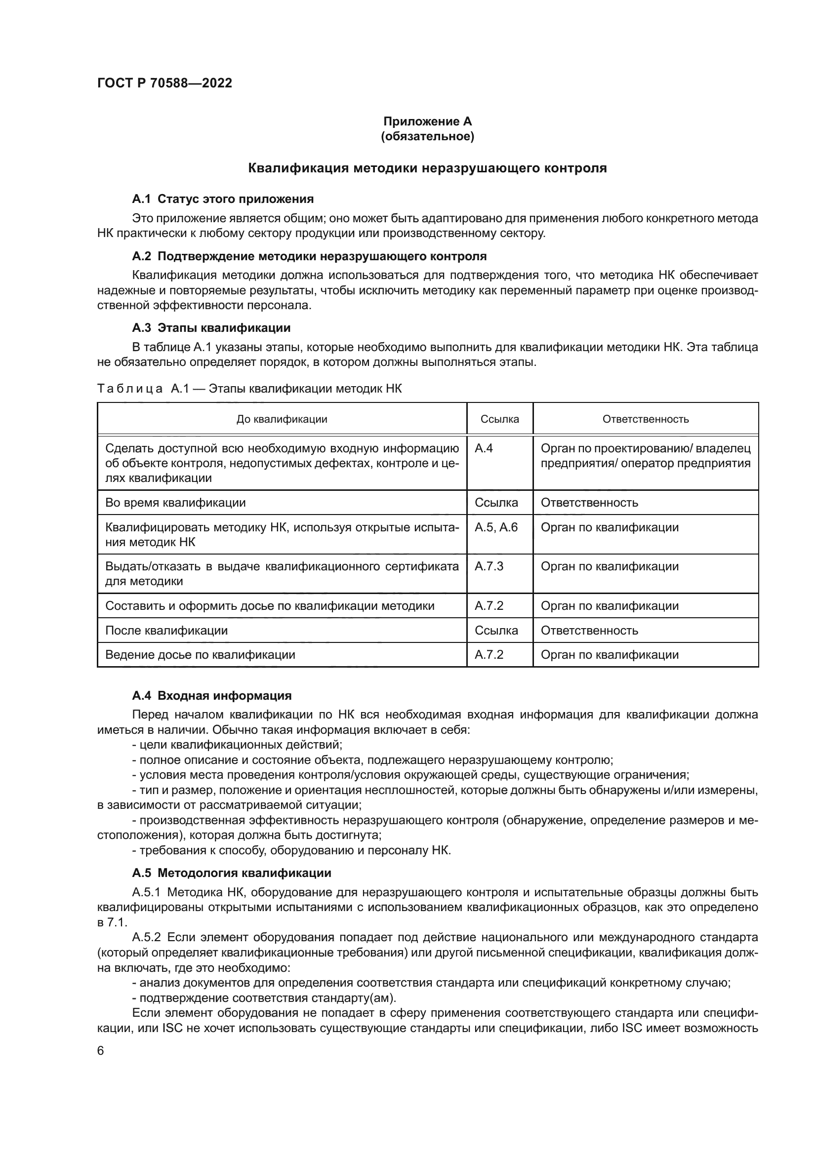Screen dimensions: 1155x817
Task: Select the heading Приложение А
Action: [x=428, y=121]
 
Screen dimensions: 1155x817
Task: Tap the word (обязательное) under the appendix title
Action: [x=428, y=136]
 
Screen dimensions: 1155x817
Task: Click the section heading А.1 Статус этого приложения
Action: [x=223, y=199]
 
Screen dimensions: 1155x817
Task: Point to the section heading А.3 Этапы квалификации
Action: [x=211, y=328]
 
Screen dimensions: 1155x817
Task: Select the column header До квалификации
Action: [x=282, y=419]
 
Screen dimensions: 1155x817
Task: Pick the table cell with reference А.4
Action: [x=484, y=448]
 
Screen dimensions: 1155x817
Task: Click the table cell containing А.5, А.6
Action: [x=496, y=527]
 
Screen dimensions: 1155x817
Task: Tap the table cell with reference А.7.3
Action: [x=489, y=566]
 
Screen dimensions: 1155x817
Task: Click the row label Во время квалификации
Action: [x=175, y=503]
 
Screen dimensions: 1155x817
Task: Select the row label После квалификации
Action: [x=166, y=630]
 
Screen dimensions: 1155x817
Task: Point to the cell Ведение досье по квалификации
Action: [x=200, y=654]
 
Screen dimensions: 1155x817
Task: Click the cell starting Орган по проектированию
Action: [x=646, y=456]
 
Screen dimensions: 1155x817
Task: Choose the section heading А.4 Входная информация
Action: [x=212, y=696]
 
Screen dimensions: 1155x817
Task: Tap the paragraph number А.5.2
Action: [x=146, y=937]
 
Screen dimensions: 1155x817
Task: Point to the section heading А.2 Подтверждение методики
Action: [x=309, y=256]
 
